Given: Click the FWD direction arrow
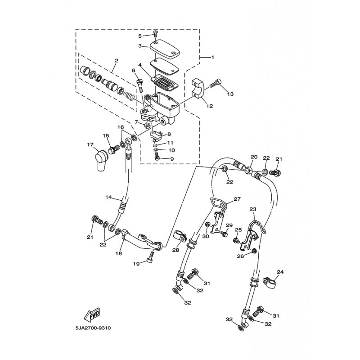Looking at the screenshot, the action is pos(92,314).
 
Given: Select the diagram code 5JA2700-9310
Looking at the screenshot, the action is pos(93,328).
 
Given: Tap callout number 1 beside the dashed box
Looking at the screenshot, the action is pos(212,57).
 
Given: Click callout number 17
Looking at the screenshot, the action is pos(90,144).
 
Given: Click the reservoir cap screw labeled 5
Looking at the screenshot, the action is pos(155,34).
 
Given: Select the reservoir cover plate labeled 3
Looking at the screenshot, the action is pos(164,49).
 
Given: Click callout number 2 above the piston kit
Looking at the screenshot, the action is pos(117,61).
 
